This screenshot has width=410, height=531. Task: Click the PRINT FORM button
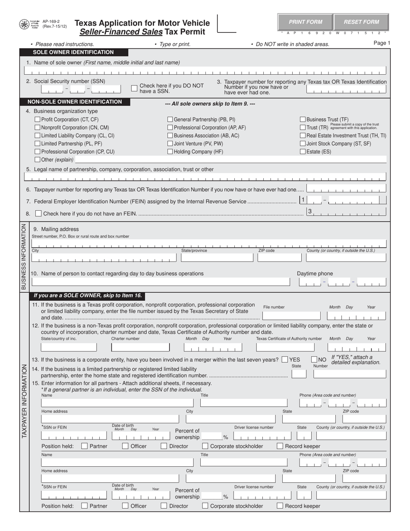pos(305,22)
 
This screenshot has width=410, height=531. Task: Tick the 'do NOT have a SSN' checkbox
pos(134,88)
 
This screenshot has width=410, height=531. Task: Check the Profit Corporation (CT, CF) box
pos(37,120)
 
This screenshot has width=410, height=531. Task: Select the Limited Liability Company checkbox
pos(37,136)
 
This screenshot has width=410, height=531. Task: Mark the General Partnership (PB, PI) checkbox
pos(170,120)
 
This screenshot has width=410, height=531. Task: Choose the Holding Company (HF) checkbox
pos(170,152)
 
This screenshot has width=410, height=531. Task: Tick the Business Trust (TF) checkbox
pos(303,120)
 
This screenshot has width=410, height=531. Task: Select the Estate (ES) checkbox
pos(303,152)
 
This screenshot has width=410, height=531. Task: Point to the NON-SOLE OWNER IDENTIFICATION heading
pos(75,102)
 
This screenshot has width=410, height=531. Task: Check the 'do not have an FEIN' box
pos(38,213)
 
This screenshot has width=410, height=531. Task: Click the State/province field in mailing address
pos(217,258)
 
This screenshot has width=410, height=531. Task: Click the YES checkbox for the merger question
pos(284,359)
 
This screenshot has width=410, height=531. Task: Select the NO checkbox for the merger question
pos(314,359)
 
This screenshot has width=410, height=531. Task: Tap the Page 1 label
pos(382,43)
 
